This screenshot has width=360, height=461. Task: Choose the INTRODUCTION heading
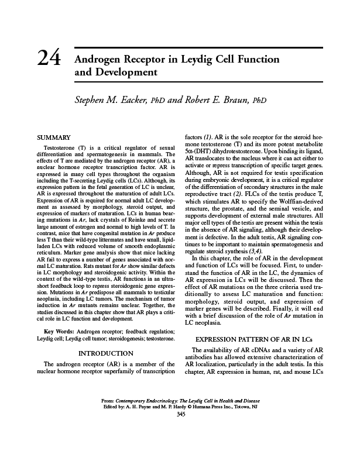[105, 353]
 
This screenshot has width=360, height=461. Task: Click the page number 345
[180, 415]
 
